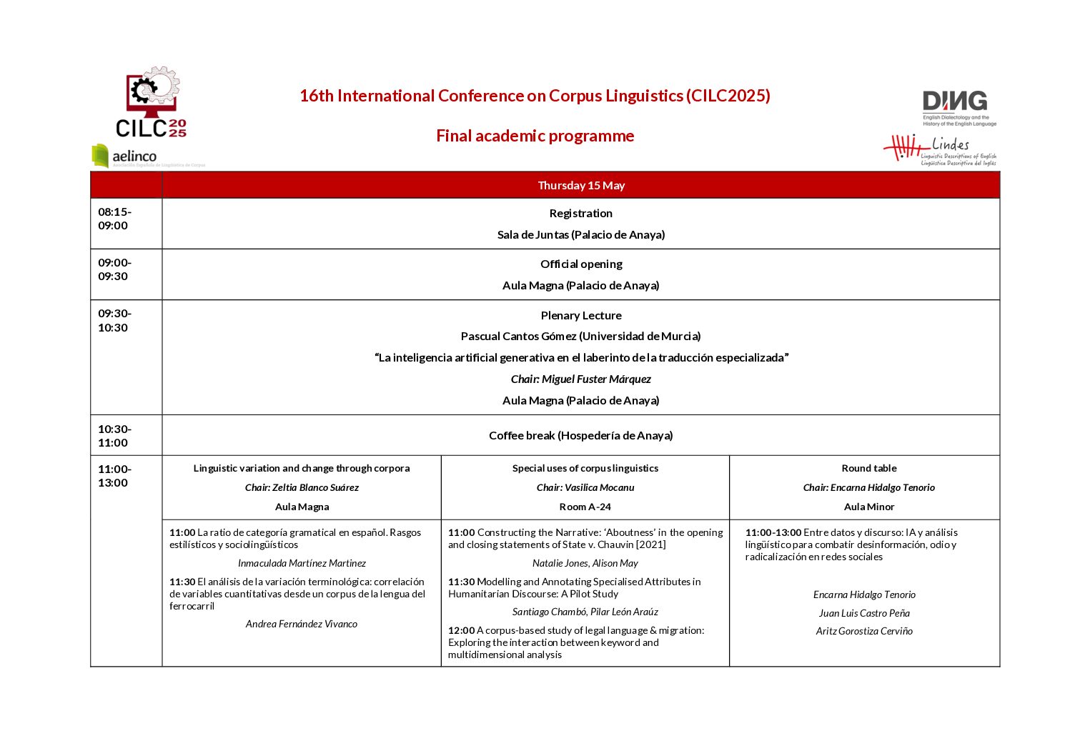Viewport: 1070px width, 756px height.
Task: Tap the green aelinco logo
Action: tap(125, 156)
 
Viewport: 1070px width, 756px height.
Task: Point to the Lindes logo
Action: tap(940, 149)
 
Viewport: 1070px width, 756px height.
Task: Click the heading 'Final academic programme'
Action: tap(535, 136)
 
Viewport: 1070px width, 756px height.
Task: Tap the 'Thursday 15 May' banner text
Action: tap(581, 185)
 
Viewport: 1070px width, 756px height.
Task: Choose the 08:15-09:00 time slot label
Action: tap(114, 219)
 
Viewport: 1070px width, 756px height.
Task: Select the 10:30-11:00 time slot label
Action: tap(114, 436)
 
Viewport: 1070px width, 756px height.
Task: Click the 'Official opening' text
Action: tap(581, 264)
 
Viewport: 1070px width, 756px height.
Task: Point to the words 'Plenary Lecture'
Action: tap(581, 315)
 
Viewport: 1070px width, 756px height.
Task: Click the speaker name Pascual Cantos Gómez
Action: tap(580, 336)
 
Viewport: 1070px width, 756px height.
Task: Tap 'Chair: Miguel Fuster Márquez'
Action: tap(580, 379)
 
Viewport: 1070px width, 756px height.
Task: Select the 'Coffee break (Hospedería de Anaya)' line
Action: tap(580, 435)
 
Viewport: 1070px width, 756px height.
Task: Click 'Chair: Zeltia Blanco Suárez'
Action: tap(302, 487)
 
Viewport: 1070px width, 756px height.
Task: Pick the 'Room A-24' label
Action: tap(585, 507)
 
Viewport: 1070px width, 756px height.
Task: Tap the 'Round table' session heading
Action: tap(868, 468)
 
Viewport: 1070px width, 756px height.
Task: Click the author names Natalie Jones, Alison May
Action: tap(585, 563)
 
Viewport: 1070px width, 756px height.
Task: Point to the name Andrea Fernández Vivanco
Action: tap(302, 624)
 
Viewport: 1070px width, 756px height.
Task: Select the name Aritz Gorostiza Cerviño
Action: tap(864, 631)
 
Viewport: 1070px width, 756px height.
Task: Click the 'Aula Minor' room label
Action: tap(868, 507)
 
